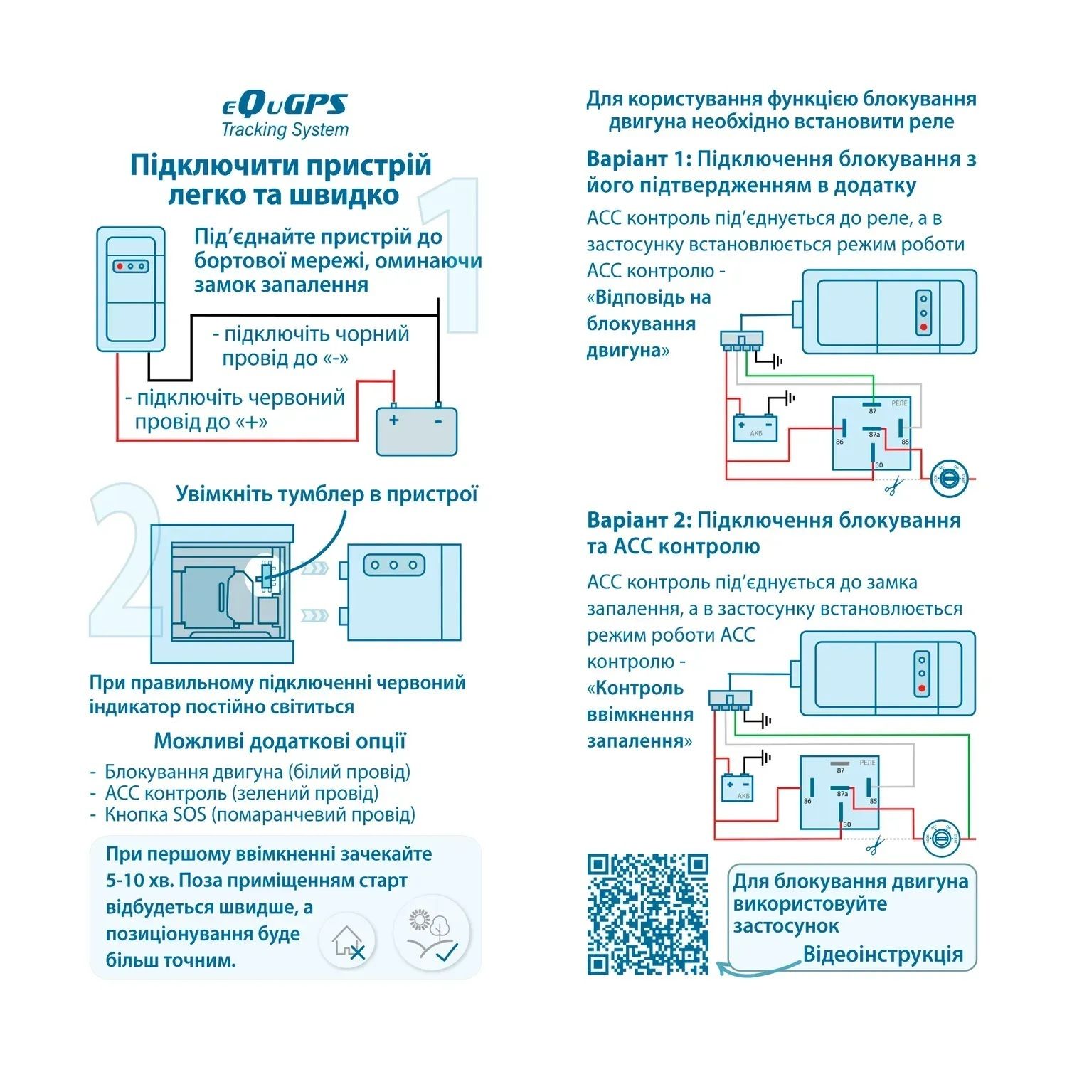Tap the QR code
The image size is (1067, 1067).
pyautogui.click(x=648, y=913)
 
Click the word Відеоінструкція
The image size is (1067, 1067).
pyautogui.click(x=883, y=954)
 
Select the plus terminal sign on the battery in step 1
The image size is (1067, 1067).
pyautogui.click(x=394, y=420)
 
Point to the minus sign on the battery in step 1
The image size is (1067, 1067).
pyautogui.click(x=438, y=421)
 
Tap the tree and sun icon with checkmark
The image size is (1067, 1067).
pyautogui.click(x=432, y=933)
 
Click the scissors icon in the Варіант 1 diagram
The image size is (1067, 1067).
pyautogui.click(x=893, y=487)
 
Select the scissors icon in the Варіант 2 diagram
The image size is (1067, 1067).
pyautogui.click(x=876, y=846)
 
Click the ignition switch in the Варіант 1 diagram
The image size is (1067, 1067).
pyautogui.click(x=949, y=478)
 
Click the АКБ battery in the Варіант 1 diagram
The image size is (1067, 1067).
pyautogui.click(x=755, y=428)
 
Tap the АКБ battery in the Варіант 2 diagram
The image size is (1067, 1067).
pyautogui.click(x=737, y=787)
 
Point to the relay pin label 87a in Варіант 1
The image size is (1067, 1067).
pyautogui.click(x=874, y=435)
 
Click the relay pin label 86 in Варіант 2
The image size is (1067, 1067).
pyautogui.click(x=807, y=801)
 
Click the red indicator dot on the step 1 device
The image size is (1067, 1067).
pyautogui.click(x=120, y=266)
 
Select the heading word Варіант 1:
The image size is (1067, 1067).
pyautogui.click(x=638, y=159)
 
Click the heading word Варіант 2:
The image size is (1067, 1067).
pyautogui.click(x=638, y=520)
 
